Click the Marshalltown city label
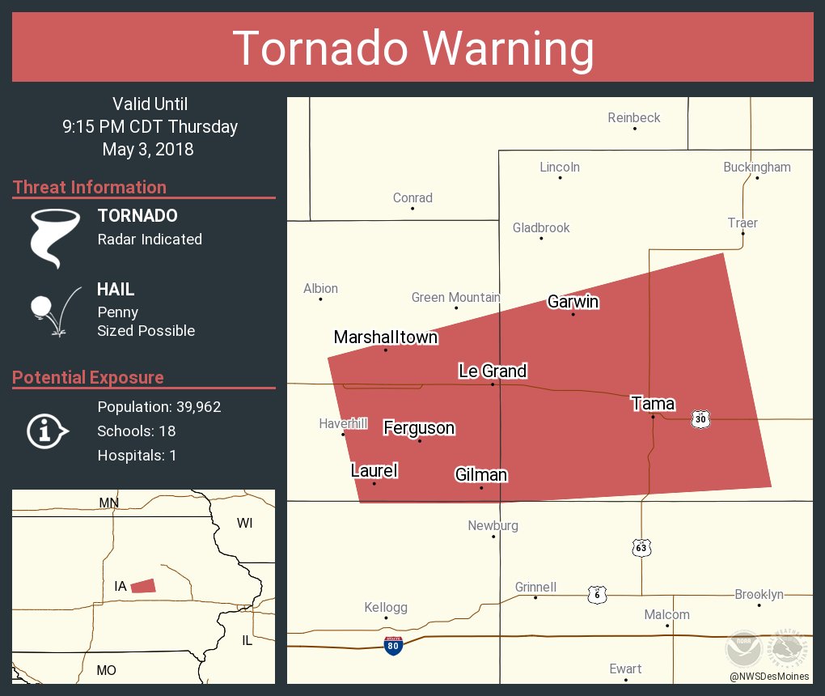[x=385, y=337]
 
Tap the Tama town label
[x=653, y=403]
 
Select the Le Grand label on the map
[x=492, y=371]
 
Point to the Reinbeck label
[x=634, y=117]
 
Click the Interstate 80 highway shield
[x=393, y=645]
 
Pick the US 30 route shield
[x=700, y=418]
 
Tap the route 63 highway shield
[x=641, y=548]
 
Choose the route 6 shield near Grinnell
[x=596, y=593]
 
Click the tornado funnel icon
[x=55, y=237]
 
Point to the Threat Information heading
[x=89, y=187]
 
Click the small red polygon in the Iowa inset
[x=143, y=585]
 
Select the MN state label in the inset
[x=108, y=503]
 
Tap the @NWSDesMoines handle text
[x=768, y=676]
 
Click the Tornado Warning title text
[x=412, y=48]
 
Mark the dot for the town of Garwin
[x=573, y=314]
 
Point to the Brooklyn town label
[x=759, y=594]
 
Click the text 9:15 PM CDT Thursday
[x=150, y=126]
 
